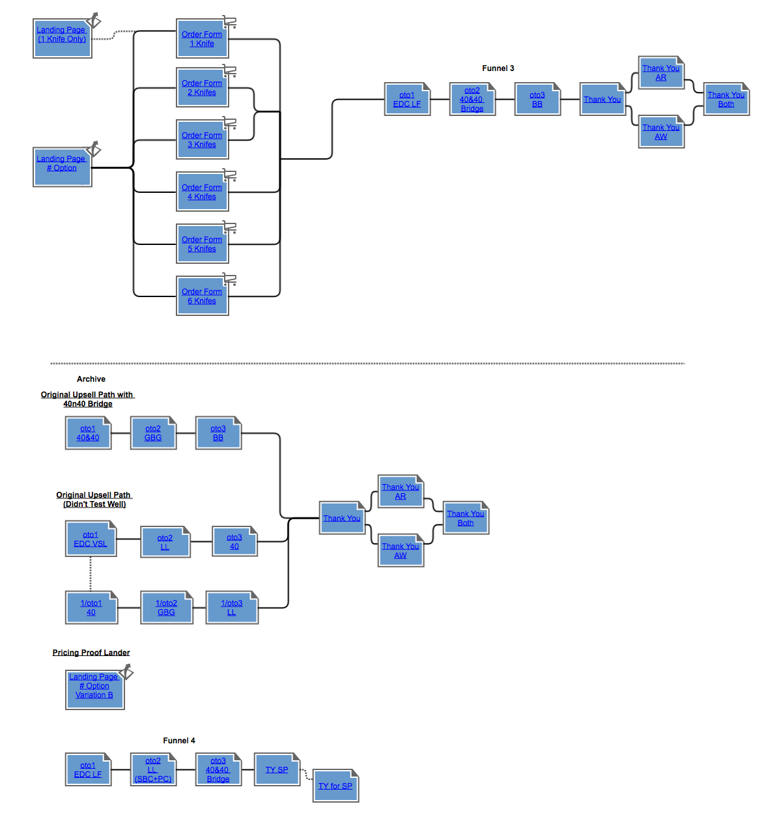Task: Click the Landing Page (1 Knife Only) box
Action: [x=62, y=38]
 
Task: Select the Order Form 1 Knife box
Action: [x=202, y=39]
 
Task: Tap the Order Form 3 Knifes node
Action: [x=202, y=140]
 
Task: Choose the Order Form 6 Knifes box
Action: [x=202, y=296]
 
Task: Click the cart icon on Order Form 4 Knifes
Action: [x=229, y=175]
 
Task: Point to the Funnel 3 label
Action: [x=498, y=68]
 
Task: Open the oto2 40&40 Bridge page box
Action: [x=472, y=100]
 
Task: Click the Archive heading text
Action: [x=91, y=379]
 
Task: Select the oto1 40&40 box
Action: [x=88, y=433]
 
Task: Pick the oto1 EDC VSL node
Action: [x=91, y=539]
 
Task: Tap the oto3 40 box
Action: [x=234, y=542]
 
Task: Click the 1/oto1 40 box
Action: [x=91, y=608]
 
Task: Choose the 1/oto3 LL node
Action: [x=232, y=608]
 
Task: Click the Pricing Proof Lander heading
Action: [x=91, y=653]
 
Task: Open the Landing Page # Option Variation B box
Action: [x=94, y=691]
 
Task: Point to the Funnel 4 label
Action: [x=179, y=741]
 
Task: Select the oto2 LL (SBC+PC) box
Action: [x=153, y=770]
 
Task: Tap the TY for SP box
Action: [x=335, y=786]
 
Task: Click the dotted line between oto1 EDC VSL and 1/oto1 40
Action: [x=91, y=573]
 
